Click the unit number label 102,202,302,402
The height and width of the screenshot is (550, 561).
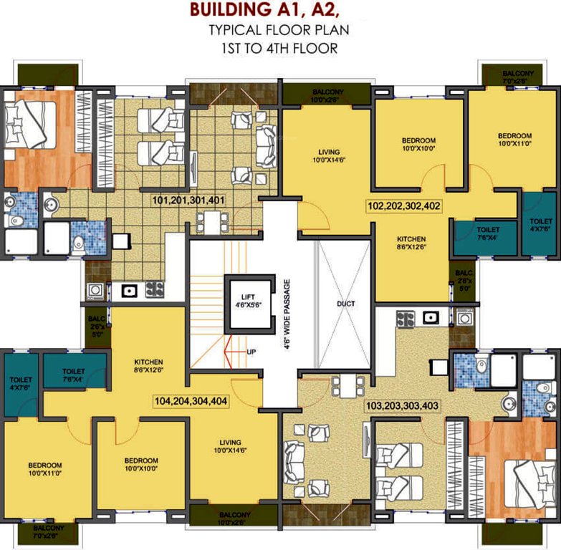click(x=403, y=205)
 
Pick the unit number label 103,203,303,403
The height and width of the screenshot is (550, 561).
click(x=403, y=405)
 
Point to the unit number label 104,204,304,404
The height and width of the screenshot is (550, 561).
click(x=191, y=401)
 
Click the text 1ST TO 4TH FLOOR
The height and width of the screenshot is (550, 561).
click(x=279, y=48)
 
